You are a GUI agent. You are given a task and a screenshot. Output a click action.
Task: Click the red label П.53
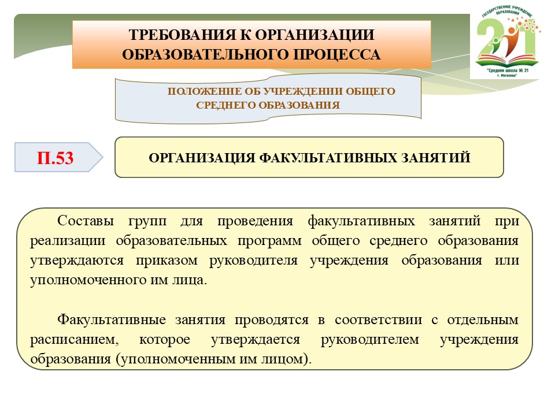coord(55,158)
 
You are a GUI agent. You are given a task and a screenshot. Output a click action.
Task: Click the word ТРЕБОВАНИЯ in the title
coord(182,35)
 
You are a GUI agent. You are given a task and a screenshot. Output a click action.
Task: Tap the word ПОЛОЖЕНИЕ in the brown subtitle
coord(205,91)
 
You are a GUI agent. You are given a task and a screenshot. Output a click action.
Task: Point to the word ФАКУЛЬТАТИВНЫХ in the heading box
coord(328,158)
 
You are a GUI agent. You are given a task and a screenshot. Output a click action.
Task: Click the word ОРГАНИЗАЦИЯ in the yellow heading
coord(202,158)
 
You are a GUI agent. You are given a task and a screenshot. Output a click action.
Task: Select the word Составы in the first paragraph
coord(86,220)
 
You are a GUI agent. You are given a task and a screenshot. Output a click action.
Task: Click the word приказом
coord(166,261)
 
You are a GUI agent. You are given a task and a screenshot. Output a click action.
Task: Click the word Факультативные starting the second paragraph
coord(112,320)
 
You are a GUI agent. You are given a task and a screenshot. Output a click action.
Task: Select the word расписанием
coord(75,340)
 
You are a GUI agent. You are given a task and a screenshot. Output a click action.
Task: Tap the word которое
coord(165,339)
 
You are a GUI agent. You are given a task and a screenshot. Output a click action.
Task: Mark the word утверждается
coord(256,340)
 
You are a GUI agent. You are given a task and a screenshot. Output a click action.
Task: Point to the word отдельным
coord(483,320)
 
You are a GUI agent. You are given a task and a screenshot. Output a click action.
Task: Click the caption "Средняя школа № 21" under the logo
coord(507,70)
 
